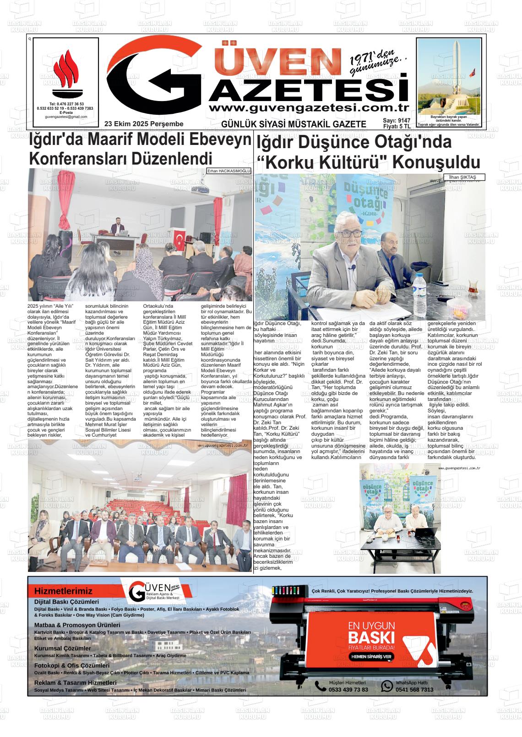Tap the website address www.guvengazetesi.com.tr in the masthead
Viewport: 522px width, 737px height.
308,108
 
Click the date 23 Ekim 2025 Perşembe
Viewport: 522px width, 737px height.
144,124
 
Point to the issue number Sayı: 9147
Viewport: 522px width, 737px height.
397,121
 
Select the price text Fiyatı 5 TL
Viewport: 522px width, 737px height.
397,127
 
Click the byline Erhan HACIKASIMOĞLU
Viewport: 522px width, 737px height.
229,171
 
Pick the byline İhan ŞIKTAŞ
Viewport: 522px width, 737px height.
463,177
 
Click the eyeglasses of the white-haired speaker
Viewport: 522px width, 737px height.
351,233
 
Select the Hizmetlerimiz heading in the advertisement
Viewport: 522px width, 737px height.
63,591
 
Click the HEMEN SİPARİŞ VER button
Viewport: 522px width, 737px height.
371,656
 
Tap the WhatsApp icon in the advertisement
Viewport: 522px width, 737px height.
387,686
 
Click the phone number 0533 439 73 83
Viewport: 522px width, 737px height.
348,689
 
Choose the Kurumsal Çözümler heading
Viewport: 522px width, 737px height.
63,648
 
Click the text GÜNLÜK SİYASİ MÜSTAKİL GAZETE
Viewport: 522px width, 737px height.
294,124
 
